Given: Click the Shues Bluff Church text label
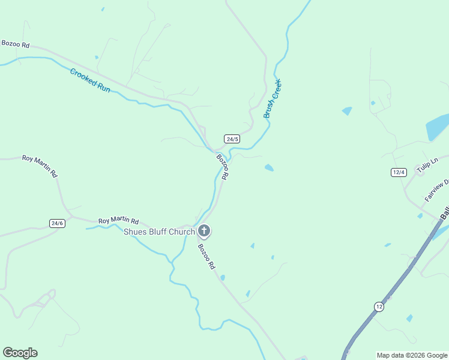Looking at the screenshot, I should tap(159, 232).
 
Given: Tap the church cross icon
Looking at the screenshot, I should tap(204, 230).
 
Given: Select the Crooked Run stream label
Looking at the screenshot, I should tap(90, 80).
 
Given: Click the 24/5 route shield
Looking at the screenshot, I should tap(232, 139).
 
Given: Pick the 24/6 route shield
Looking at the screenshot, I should tap(57, 223).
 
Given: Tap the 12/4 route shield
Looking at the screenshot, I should tap(399, 172).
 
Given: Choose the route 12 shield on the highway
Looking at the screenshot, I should tap(379, 306).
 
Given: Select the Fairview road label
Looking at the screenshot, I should tap(436, 190).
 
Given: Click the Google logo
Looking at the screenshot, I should tap(20, 353).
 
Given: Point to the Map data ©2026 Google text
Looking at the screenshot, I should tap(412, 355).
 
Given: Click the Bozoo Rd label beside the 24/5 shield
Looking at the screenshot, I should tap(223, 167).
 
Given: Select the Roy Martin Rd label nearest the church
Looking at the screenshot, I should tap(118, 221).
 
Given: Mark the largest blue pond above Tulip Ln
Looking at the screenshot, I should tap(436, 127).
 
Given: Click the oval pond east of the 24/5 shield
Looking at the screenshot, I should tap(269, 168).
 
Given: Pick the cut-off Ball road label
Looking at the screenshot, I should tap(444, 213).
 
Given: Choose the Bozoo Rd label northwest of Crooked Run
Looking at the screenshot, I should tap(15, 44).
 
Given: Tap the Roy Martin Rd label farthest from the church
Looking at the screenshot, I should tap(40, 166).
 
